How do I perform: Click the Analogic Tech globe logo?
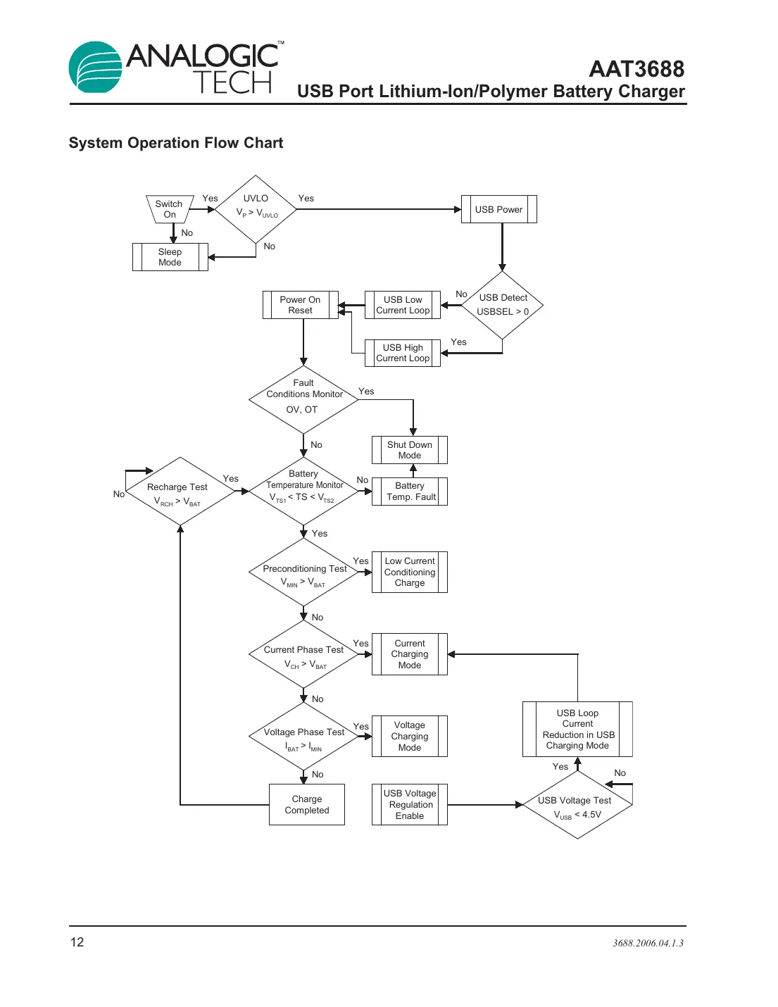[96, 68]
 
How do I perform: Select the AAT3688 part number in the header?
[636, 69]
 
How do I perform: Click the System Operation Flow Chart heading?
[175, 143]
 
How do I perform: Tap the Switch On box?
[170, 209]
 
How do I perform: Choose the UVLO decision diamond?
[256, 209]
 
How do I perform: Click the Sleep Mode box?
[170, 257]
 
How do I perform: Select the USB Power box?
[498, 209]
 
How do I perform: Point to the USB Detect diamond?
[503, 305]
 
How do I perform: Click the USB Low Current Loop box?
[403, 305]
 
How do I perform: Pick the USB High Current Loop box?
[403, 353]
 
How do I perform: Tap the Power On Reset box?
[301, 305]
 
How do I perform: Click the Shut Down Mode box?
[410, 450]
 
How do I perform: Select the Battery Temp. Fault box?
[410, 492]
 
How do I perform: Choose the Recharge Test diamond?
[180, 492]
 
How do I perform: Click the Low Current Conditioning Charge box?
[410, 572]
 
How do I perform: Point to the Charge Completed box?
[307, 804]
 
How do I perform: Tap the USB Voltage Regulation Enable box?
[410, 804]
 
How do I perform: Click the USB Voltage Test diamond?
[577, 806]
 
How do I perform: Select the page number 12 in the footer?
[77, 942]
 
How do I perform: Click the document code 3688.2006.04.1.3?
[648, 943]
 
